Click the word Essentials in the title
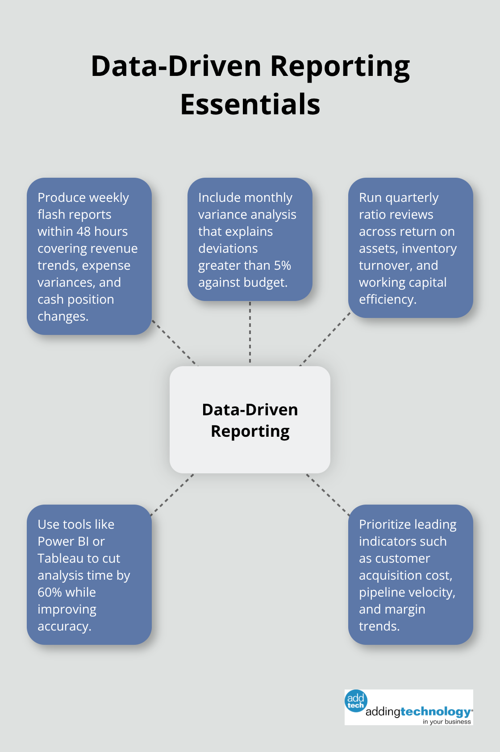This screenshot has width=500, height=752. (250, 104)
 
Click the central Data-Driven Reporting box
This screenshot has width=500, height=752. (250, 420)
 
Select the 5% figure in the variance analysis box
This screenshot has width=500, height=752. (282, 265)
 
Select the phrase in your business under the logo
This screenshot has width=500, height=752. (446, 722)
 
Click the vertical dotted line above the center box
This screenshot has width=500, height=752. (250, 333)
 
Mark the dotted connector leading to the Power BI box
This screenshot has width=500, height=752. (172, 494)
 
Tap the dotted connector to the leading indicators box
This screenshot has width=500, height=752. (328, 494)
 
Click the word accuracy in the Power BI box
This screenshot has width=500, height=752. (64, 626)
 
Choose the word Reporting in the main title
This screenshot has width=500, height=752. (340, 66)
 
